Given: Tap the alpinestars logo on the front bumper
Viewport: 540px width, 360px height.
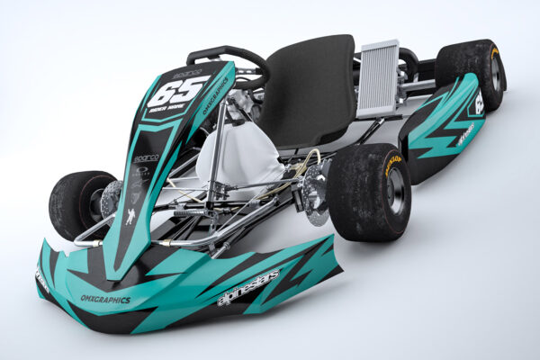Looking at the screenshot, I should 249,287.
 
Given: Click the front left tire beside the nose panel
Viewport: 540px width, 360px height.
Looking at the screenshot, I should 79,204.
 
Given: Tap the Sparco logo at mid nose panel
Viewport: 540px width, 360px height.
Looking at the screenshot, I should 146,158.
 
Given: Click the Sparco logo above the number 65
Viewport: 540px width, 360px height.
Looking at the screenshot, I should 187,72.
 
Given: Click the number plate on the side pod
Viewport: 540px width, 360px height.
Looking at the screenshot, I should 478,103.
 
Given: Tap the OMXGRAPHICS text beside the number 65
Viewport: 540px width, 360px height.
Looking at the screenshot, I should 215,98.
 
